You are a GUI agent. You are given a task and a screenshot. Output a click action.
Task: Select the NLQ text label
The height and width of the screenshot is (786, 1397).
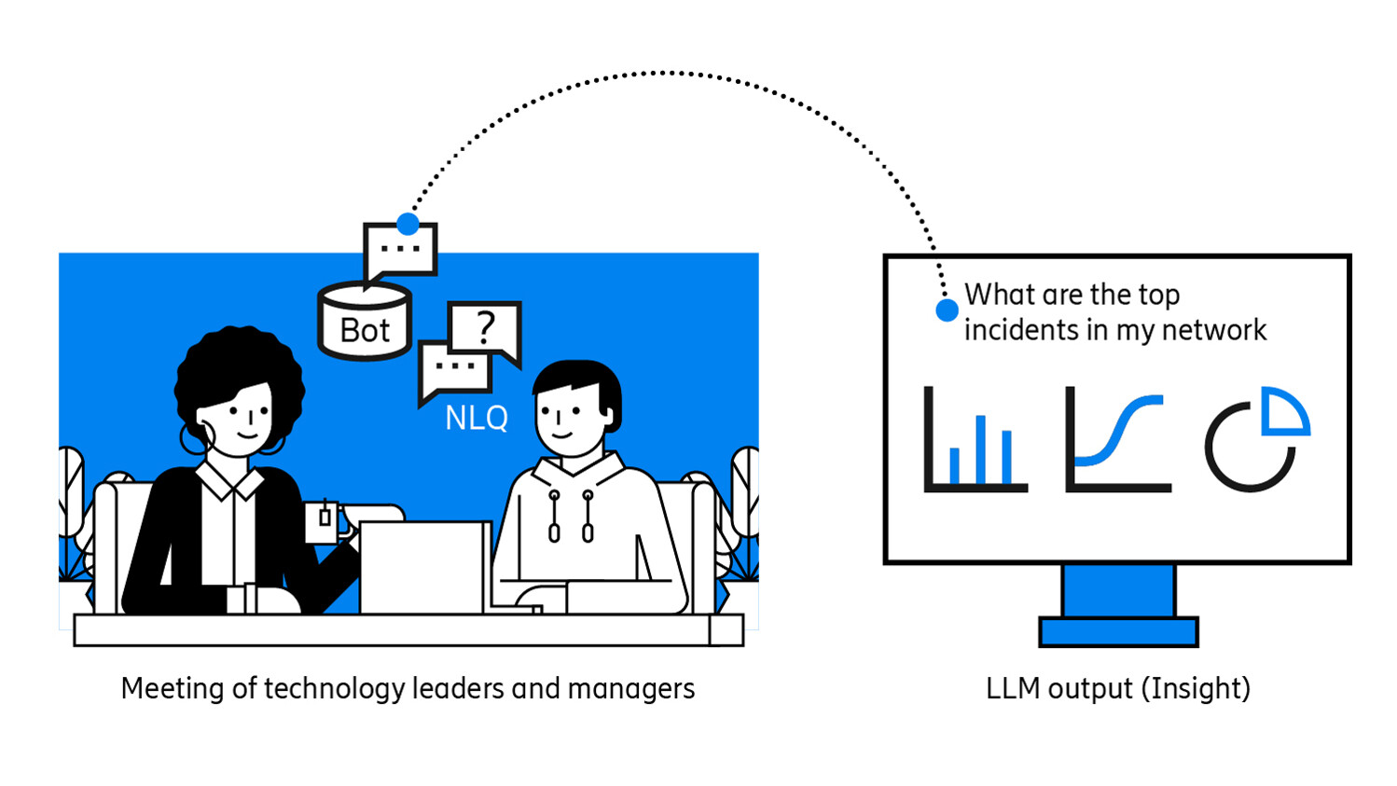(x=477, y=419)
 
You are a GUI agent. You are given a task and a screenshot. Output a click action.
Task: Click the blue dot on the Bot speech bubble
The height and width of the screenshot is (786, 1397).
(x=408, y=224)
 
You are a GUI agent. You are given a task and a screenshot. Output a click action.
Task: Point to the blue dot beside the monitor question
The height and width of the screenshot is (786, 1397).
(x=947, y=311)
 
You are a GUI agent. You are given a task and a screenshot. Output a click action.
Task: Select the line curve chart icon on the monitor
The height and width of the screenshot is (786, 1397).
(x=1117, y=440)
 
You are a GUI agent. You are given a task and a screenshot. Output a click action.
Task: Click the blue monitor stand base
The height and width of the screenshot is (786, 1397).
(x=1118, y=631)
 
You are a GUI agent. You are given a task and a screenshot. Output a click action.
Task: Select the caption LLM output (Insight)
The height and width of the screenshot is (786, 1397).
(x=1117, y=689)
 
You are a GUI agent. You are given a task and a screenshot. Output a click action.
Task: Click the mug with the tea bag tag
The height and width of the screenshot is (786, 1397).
(x=322, y=522)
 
